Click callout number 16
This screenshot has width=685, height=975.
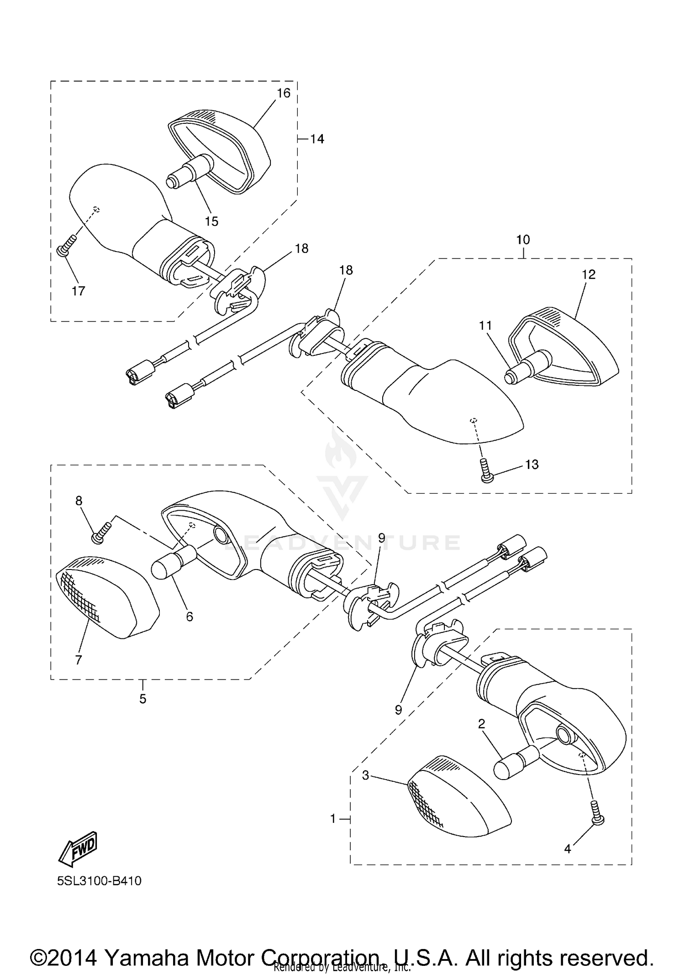coord(284,93)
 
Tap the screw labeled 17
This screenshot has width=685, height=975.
coord(65,247)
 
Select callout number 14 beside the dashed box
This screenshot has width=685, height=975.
coord(317,139)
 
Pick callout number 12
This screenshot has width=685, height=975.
coord(589,274)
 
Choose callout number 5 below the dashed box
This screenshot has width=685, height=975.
coord(142,699)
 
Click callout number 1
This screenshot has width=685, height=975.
coord(333,819)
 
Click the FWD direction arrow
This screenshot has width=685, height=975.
coord(78,849)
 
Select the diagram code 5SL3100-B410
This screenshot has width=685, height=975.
coord(99,881)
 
